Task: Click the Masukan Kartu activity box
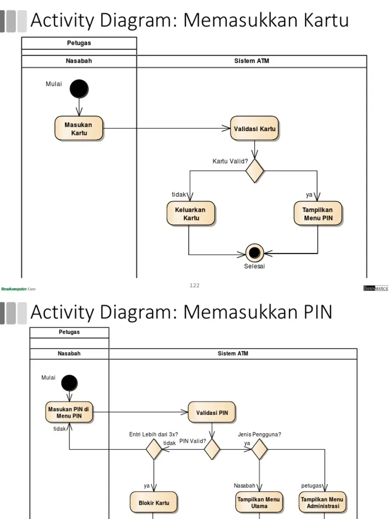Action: point(79,129)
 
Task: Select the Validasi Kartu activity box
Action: point(255,129)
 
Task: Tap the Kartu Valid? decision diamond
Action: point(255,171)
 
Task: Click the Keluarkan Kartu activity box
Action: point(190,214)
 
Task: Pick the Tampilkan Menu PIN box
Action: point(318,214)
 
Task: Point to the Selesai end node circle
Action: point(254,252)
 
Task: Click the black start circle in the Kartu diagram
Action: point(79,89)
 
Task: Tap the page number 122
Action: point(194,285)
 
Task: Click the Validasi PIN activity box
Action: point(212,413)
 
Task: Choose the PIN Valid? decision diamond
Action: point(212,449)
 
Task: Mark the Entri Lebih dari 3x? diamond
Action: point(153,449)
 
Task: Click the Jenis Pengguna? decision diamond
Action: point(259,449)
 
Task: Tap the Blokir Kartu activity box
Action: point(153,503)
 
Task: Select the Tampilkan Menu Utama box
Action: point(259,503)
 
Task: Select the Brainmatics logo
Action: point(375,288)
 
